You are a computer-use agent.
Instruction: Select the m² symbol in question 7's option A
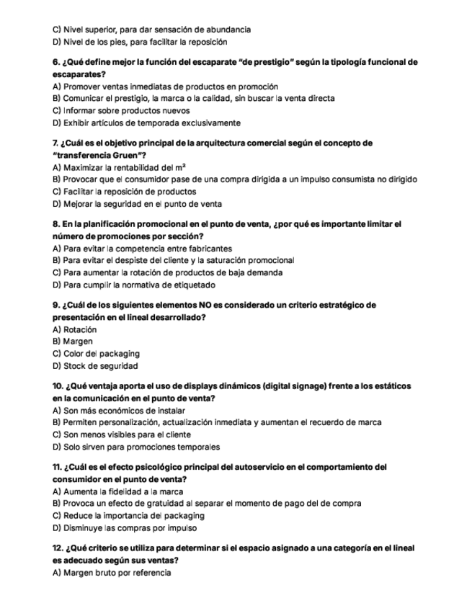coord(181,167)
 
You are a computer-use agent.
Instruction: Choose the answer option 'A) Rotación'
coord(75,329)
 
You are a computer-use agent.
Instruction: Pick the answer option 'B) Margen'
coord(73,342)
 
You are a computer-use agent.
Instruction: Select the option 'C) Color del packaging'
coord(97,354)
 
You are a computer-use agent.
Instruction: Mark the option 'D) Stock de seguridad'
coord(96,366)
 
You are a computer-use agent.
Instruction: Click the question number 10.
coord(59,386)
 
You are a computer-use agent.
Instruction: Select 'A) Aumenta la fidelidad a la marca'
coord(118,491)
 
